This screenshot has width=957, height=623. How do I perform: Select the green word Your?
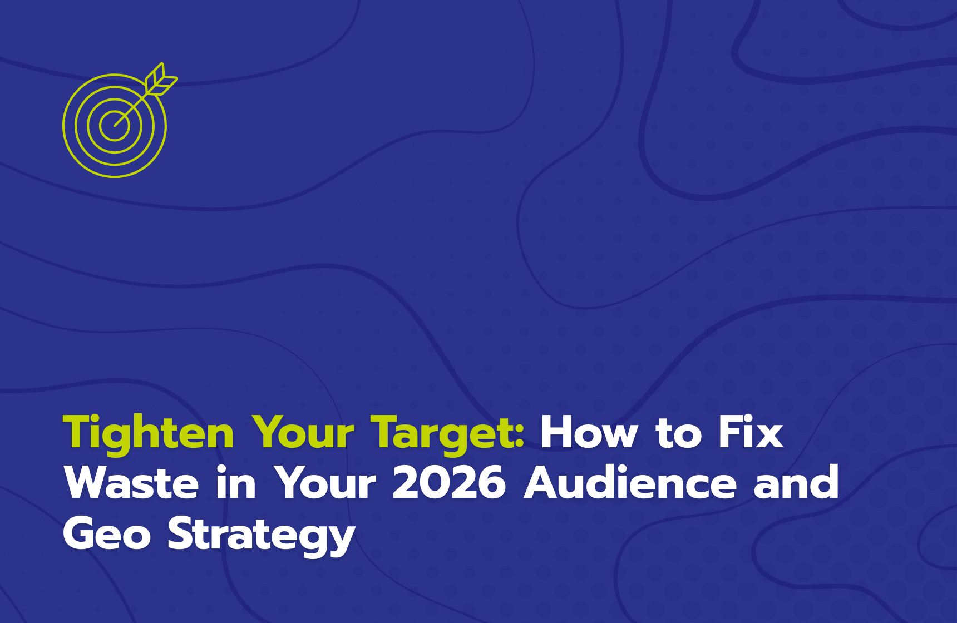click(x=303, y=432)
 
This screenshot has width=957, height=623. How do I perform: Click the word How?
click(x=589, y=432)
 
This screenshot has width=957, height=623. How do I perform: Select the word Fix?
click(x=751, y=432)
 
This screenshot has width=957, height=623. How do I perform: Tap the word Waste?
click(x=131, y=482)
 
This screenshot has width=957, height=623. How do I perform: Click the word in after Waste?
click(x=236, y=482)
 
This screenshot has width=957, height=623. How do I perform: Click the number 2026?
click(x=448, y=482)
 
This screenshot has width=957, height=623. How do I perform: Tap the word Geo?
click(x=107, y=533)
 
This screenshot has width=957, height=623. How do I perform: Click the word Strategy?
click(x=262, y=535)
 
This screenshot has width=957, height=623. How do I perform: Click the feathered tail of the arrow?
click(x=161, y=80)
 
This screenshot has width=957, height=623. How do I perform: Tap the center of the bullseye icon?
click(x=115, y=126)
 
